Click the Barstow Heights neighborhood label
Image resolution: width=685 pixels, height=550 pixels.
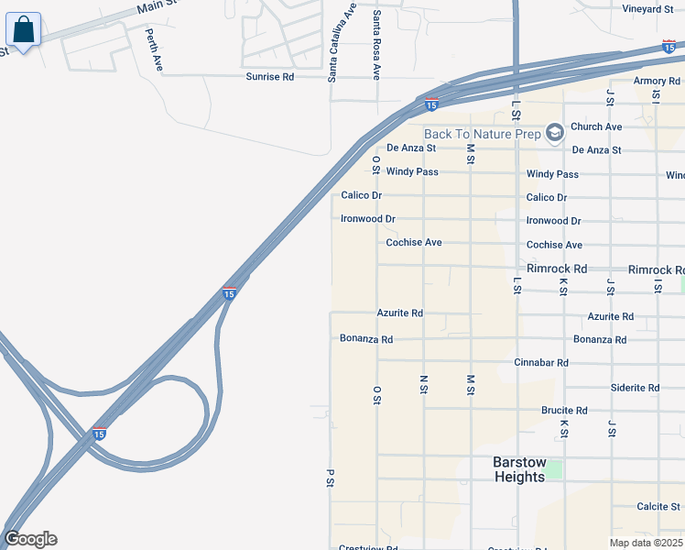[x=519, y=468]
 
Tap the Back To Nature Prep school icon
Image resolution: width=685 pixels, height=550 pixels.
[x=553, y=134]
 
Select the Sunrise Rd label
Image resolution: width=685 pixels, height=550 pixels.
[x=269, y=77]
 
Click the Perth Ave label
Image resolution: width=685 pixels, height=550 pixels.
[x=154, y=50]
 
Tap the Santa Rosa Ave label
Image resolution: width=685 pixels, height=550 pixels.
[x=375, y=44]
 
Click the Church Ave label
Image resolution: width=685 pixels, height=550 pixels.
[x=596, y=126]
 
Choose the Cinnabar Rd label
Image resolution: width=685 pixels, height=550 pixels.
[x=541, y=363]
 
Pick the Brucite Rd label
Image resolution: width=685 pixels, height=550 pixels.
[x=564, y=411]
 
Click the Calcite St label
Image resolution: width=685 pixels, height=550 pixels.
[x=658, y=506]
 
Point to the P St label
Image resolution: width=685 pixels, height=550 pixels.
[x=329, y=478]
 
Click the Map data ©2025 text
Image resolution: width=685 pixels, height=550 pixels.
[x=646, y=543]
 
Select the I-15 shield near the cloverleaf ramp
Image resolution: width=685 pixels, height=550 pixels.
[x=99, y=434]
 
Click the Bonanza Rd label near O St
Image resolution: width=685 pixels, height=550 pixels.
[x=365, y=339]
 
